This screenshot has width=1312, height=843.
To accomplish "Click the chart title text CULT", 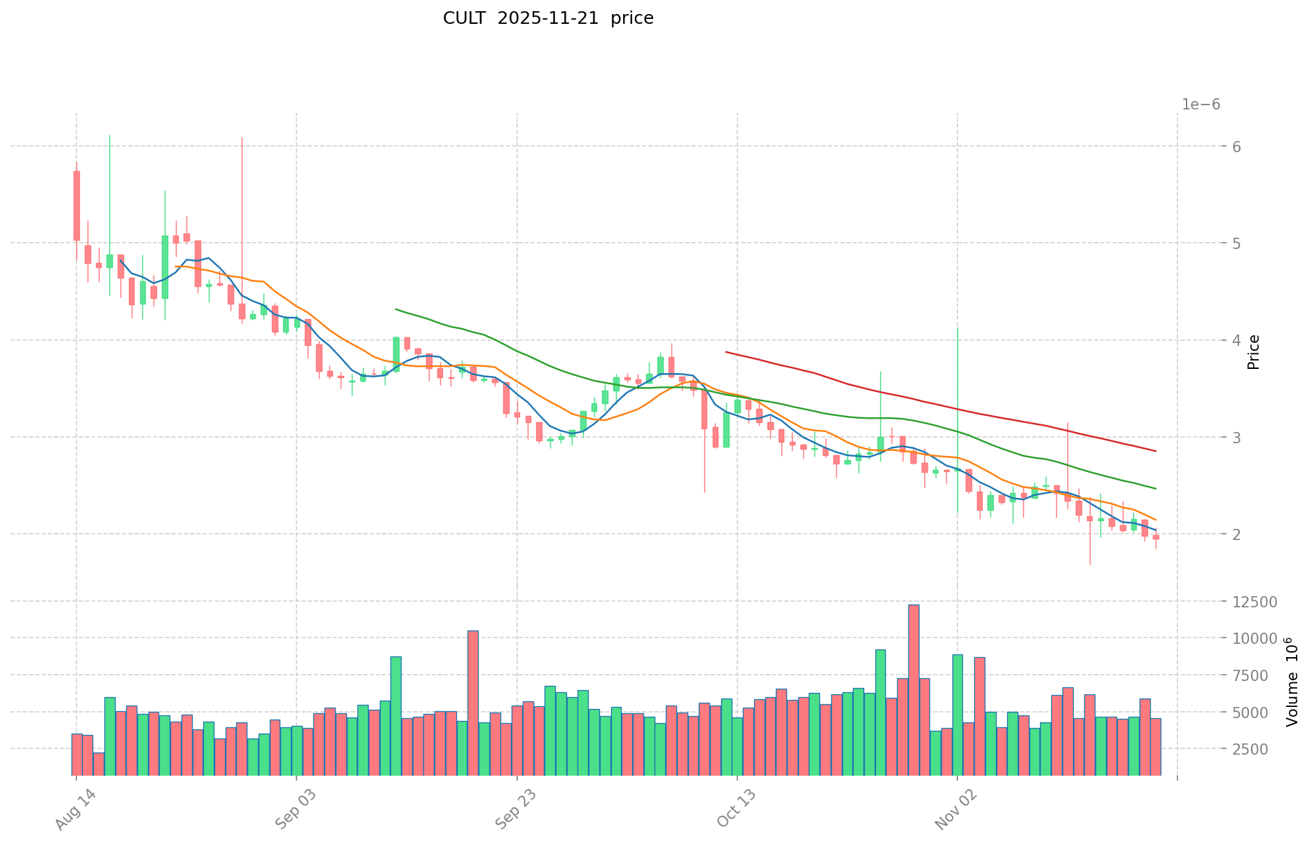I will point(465,18).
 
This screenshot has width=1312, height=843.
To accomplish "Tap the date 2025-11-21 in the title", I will point(548,18).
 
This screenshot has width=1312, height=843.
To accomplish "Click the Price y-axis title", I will point(1254,352).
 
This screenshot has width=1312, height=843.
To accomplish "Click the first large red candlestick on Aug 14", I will point(76,205).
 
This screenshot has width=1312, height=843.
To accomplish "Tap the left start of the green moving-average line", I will point(396,309).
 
